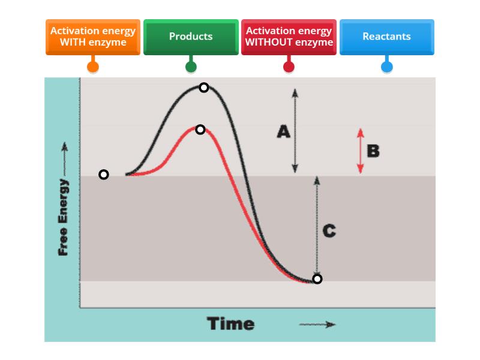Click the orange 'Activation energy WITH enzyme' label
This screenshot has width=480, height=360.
(93, 37)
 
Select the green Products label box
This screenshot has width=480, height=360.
(191, 37)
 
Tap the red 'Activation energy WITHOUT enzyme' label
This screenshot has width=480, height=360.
(289, 37)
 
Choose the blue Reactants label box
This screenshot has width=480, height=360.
(386, 37)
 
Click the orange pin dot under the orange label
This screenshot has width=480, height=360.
(93, 66)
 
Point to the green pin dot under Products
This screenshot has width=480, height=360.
(191, 66)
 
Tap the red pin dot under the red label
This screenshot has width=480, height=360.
(289, 66)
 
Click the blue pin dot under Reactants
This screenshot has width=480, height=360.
(387, 66)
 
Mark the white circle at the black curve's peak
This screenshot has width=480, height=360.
(204, 88)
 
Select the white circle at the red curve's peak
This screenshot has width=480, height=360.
(200, 130)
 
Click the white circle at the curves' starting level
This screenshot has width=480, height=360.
(104, 175)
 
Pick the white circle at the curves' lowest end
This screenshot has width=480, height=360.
(317, 279)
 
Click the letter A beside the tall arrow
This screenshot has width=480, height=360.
(283, 131)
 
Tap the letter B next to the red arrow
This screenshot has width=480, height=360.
(373, 151)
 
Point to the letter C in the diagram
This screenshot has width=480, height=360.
(329, 231)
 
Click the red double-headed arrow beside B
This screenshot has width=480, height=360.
(360, 151)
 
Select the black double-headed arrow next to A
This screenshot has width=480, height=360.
(295, 131)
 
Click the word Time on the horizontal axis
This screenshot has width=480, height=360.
(231, 324)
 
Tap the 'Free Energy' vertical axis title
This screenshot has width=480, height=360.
(63, 216)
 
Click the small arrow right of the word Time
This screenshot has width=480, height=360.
(317, 325)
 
